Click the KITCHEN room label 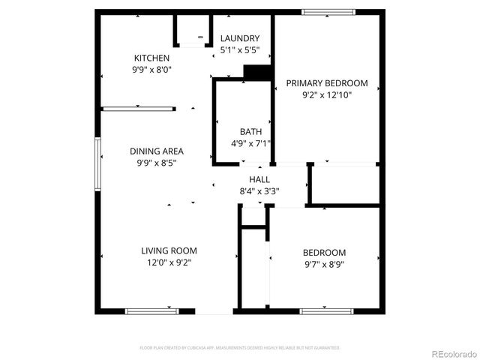pos(151,58)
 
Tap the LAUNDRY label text pos(239,38)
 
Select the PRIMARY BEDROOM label pos(326,83)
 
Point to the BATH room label pos(250,131)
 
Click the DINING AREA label pos(156,151)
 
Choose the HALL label pos(259,179)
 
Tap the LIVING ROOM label pos(169,250)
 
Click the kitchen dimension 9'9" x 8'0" pos(151,70)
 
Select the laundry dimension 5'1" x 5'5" pos(239,50)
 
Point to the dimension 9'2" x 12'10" pos(326,95)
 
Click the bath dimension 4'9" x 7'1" pos(250,143)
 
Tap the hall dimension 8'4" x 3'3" pos(259,190)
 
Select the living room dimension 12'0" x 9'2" pos(169,262)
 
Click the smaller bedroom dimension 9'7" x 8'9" pos(324,264)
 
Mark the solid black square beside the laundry pos(257,72)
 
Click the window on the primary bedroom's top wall pos(328,12)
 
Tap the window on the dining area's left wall pos(97,163)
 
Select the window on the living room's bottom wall pos(147,310)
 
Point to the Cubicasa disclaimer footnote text pos(240,348)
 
